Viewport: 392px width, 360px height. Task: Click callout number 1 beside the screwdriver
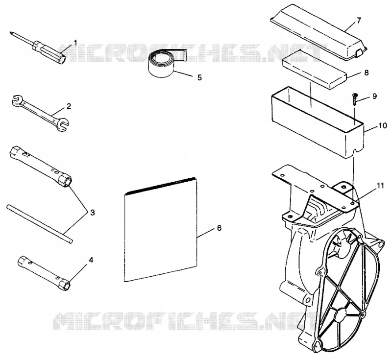(x=75, y=43)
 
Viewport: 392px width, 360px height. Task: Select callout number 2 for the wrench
(x=69, y=106)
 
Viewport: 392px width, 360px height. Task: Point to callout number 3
(x=93, y=213)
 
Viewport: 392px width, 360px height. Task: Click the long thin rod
(x=40, y=224)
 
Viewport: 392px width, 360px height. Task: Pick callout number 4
(x=91, y=260)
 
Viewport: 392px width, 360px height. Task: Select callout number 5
(x=199, y=77)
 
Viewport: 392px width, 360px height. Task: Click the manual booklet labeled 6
(x=161, y=230)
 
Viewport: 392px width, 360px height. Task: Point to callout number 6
(x=219, y=228)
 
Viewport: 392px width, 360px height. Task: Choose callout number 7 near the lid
(x=359, y=21)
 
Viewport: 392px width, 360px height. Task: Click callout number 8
(x=366, y=72)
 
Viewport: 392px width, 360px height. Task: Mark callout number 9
(x=374, y=96)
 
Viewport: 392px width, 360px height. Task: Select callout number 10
(x=383, y=126)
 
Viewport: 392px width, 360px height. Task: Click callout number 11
(x=380, y=186)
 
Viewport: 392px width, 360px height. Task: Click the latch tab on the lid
(x=359, y=52)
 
